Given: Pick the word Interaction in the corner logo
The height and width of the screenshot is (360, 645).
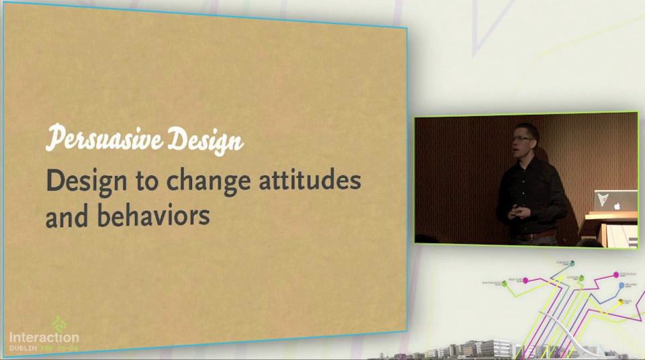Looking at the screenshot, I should click(x=44, y=337).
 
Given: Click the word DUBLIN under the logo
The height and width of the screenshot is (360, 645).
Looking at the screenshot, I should click(x=23, y=349).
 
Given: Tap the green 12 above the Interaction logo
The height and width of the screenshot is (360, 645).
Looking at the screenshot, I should click(x=59, y=323).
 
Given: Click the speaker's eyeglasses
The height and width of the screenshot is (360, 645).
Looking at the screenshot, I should click(x=522, y=138).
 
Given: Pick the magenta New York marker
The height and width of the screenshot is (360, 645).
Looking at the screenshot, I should click(x=527, y=279).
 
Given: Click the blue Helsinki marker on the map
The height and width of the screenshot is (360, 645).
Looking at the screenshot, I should click(x=621, y=285).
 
